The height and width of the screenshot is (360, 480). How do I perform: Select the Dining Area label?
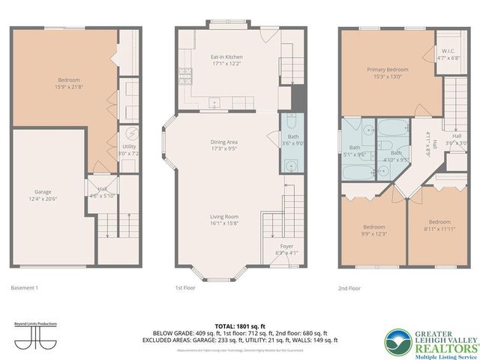(x=223, y=145)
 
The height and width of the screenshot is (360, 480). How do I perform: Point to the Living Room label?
(x=223, y=220)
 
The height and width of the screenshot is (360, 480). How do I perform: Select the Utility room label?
(x=130, y=149)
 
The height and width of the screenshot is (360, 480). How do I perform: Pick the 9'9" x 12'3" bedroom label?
(x=374, y=230)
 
